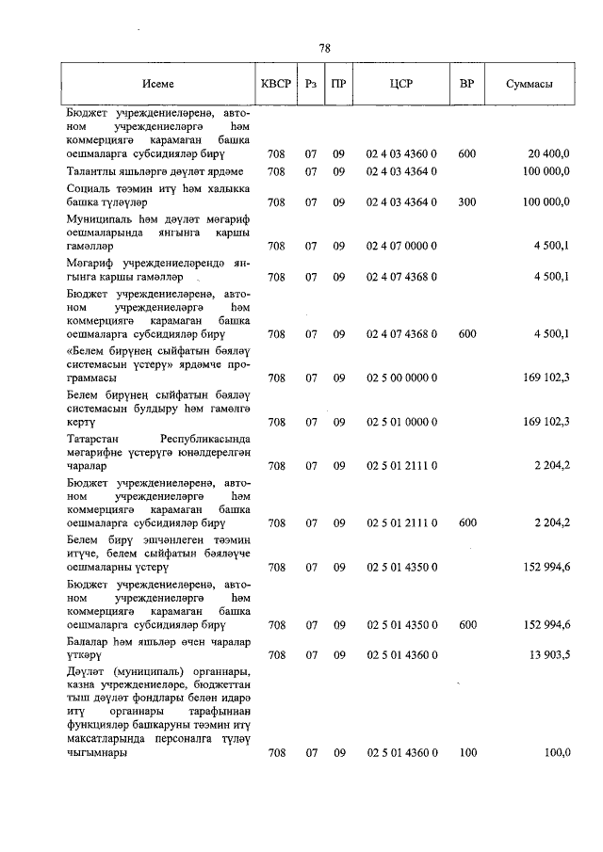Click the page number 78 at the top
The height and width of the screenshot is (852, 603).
pos(324,47)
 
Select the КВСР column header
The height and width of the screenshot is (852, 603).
pos(276,85)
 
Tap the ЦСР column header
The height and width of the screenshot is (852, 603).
pos(401,85)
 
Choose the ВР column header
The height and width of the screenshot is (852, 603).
pos(466,85)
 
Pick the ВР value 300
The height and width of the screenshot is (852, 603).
pos(466,201)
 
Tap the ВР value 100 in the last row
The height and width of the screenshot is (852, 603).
pos(466,753)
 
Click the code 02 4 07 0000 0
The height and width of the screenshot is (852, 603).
pos(401,247)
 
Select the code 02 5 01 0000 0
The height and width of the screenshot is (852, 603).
pos(401,423)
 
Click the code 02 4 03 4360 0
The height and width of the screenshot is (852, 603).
pos(401,153)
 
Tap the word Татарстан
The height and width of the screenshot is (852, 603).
pos(94,439)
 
